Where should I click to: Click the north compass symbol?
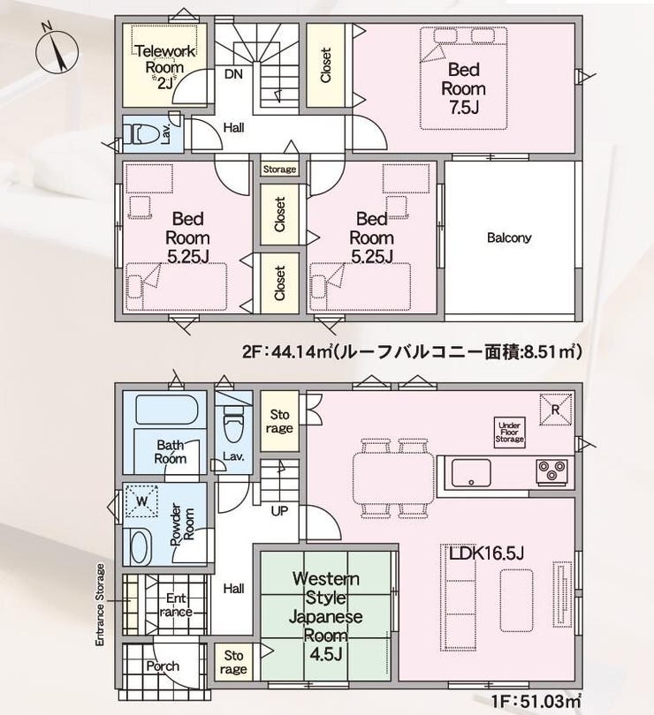[57, 49]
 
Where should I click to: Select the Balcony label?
[509, 237]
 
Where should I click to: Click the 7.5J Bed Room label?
[464, 88]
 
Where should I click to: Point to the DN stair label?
[233, 74]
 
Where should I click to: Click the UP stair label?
[279, 511]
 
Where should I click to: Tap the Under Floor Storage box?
[509, 433]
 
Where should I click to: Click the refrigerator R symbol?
[555, 410]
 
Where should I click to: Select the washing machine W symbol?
[141, 501]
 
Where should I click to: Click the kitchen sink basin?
[471, 473]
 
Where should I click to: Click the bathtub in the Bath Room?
[166, 410]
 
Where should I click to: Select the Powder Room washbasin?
[141, 546]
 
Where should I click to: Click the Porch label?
[163, 666]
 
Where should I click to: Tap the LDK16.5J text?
[486, 553]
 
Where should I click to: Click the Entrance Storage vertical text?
[100, 605]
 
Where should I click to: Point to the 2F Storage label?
[279, 169]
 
